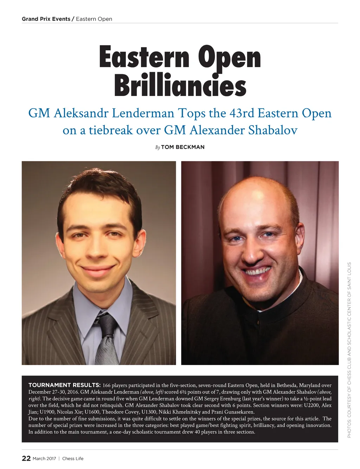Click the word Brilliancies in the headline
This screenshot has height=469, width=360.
[180, 85]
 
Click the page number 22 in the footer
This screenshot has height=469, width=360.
[26, 458]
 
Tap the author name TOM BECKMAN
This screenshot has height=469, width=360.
[182, 147]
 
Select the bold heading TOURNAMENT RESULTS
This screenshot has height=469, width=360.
[64, 385]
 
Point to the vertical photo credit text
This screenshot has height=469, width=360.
[349, 350]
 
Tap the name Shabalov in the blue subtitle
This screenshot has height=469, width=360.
[273, 130]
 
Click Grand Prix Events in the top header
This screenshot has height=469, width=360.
[46, 19]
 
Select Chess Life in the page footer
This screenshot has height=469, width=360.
[73, 458]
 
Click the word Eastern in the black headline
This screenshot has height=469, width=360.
[144, 57]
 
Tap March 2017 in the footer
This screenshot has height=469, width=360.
[44, 458]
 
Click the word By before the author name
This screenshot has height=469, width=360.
[157, 147]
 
